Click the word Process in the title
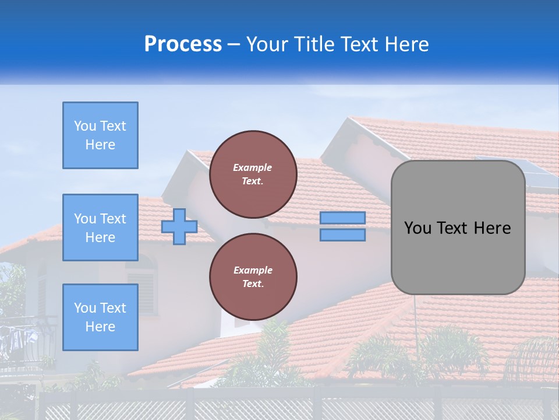coord(183,44)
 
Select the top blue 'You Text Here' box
coord(100,135)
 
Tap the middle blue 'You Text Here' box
coord(100,228)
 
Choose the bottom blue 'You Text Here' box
coord(100,317)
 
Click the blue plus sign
coord(179,226)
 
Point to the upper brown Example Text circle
coord(253,174)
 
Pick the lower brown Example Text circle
coord(253,277)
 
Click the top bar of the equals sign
coord(342,218)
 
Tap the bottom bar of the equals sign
coord(342,235)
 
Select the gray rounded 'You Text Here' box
coord(458,228)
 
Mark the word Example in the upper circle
coord(253,167)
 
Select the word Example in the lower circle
coord(253,270)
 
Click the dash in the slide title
coord(234,45)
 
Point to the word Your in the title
coord(267,44)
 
